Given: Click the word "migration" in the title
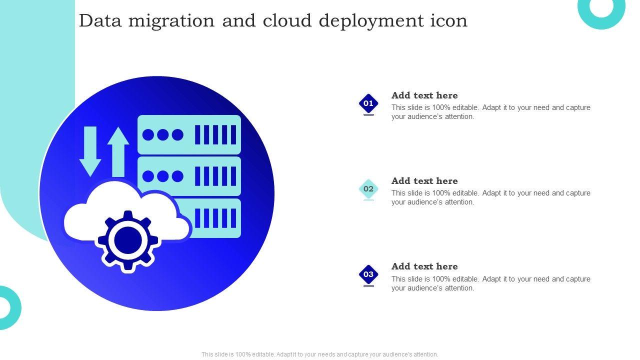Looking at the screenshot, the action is tap(171, 21).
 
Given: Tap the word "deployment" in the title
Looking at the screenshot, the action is tap(371, 21).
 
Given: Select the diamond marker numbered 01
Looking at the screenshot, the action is tap(368, 103).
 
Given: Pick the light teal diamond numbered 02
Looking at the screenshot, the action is tap(368, 189).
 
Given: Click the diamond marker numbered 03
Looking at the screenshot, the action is tap(368, 274).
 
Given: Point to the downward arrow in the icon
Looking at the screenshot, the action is tap(90, 151).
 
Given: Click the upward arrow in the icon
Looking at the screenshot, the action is tap(118, 152).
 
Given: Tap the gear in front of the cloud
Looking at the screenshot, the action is tap(128, 240).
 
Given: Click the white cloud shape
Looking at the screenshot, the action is tap(125, 211).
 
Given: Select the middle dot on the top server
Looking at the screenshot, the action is tap(162, 135).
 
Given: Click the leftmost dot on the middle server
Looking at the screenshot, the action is tap(148, 176).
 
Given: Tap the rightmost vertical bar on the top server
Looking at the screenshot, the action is tap(233, 134).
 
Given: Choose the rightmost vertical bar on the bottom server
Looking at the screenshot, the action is tap(233, 218).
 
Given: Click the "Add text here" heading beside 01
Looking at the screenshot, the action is tap(424, 95).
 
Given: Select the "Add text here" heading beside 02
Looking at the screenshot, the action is tap(424, 180).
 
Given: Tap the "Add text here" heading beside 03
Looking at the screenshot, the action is tap(424, 266).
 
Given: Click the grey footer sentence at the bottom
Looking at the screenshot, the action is tap(319, 354).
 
